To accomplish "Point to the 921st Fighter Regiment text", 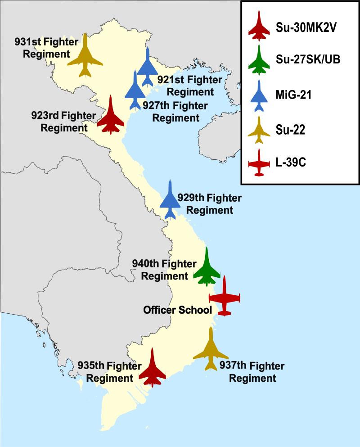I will [189, 86].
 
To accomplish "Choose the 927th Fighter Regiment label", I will [175, 112].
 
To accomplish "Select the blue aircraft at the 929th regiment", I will [170, 201].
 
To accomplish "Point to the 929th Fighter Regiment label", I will [210, 204].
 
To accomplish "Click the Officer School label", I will [177, 310].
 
